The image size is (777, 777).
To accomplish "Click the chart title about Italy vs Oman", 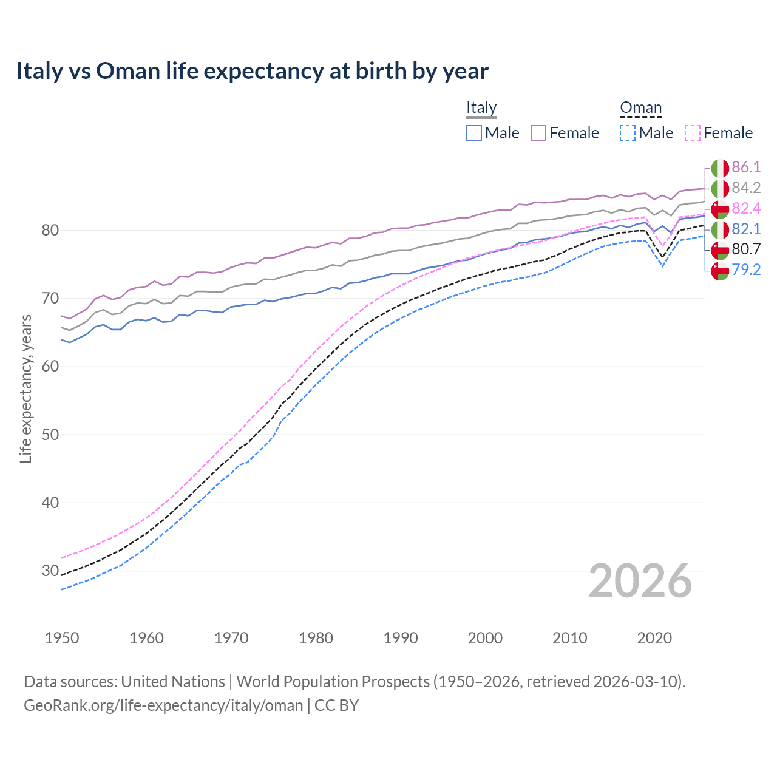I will coord(252,71).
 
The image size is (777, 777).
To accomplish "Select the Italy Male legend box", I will coord(474,133).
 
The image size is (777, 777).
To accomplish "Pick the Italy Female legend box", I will coord(538,133).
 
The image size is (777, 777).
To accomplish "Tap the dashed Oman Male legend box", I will coord(628,133).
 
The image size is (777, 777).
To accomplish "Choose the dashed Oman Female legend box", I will coord(693,133).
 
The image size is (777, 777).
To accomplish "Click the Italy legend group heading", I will coord(481,108).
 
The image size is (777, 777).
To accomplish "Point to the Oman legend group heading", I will coord(640,108).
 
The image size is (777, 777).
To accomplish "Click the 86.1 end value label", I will coord(746,168).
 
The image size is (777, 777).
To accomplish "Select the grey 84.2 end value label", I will coord(746,188).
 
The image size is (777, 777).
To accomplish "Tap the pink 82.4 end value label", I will coord(746,209).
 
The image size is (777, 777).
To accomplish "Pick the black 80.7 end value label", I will coord(746,249).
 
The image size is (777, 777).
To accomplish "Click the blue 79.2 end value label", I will coord(746,270).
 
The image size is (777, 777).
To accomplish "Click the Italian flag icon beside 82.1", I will coord(720,229).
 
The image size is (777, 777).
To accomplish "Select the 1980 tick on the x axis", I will coord(316,638).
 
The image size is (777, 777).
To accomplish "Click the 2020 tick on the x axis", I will coord(654,638).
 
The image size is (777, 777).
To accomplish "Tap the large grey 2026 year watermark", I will coord(640,582).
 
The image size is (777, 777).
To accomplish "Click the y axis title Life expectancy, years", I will coord(26,388).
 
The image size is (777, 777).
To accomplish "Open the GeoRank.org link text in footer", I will coord(163,705).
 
